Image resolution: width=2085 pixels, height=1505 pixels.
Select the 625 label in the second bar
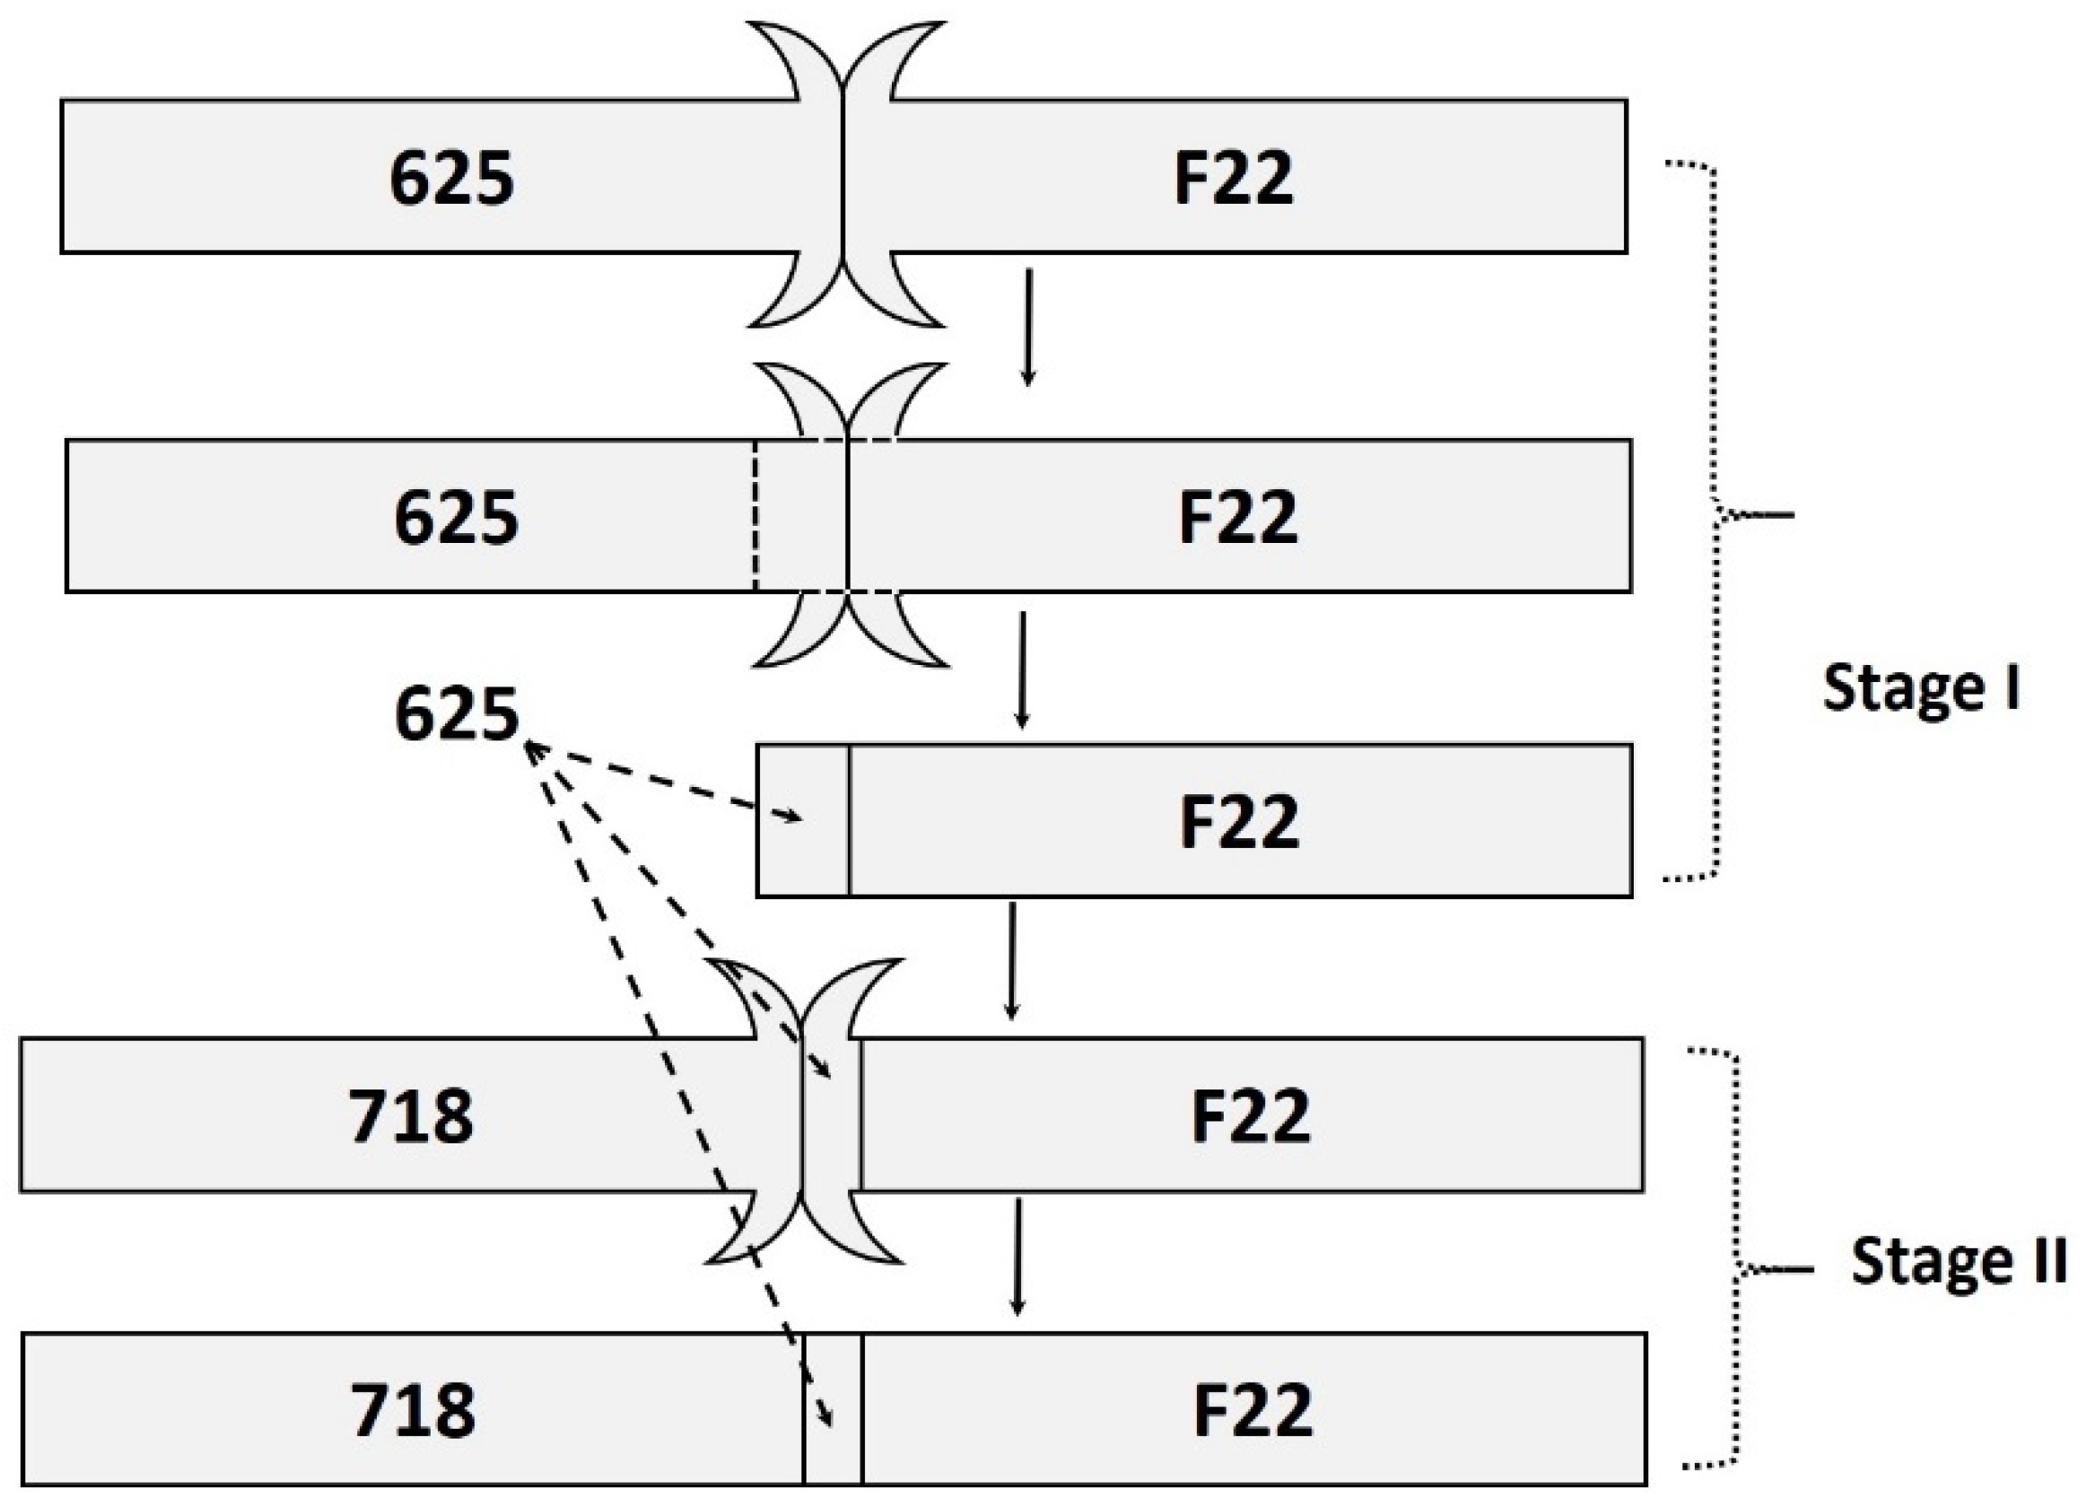click(456, 517)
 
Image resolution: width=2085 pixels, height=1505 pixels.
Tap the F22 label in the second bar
click(1237, 517)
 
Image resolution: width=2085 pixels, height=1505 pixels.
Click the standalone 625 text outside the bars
click(456, 714)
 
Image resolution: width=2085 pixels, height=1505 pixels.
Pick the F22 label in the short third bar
click(1238, 821)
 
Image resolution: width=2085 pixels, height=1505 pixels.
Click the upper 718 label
click(411, 1116)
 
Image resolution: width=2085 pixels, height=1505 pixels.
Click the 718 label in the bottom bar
click(413, 1409)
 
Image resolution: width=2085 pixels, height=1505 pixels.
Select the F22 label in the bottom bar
click(1252, 1409)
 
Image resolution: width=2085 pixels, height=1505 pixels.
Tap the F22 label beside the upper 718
click(1251, 1116)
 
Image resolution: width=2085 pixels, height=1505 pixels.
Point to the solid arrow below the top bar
click(1028, 327)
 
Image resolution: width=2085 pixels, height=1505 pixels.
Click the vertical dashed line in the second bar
click(755, 515)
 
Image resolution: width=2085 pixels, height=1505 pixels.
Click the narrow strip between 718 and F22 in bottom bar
click(833, 1409)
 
